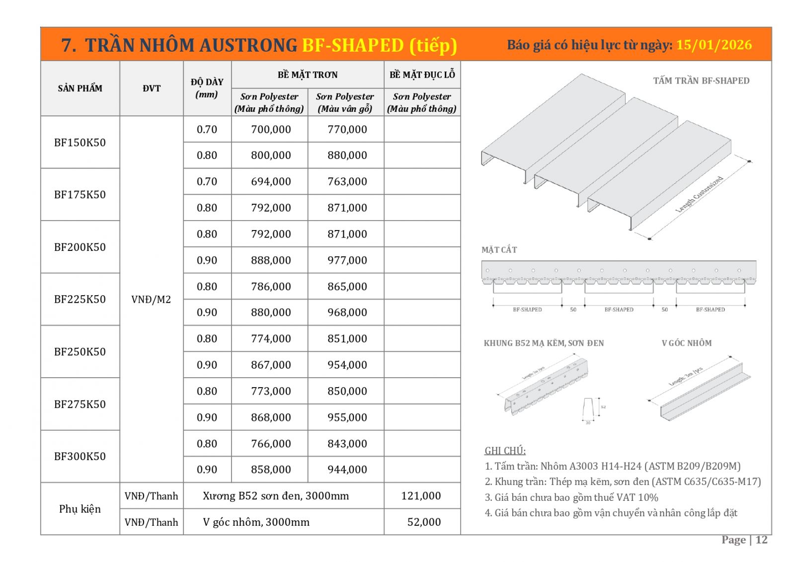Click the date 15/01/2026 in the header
(x=714, y=45)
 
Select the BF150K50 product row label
(x=79, y=143)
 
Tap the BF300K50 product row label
(x=79, y=456)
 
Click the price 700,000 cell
(x=271, y=130)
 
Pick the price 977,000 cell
(x=347, y=260)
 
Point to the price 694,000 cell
(x=271, y=182)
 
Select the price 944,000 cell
(x=347, y=470)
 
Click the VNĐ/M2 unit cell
(x=151, y=300)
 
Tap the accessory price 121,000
(x=421, y=496)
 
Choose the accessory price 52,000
(x=424, y=522)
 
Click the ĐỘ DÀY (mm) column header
(x=207, y=88)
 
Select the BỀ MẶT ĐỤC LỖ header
(x=422, y=75)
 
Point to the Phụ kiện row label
(x=79, y=509)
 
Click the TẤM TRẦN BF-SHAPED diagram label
(x=701, y=81)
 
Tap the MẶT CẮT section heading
(x=499, y=250)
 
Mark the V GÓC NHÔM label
(x=686, y=343)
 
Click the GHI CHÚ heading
(x=505, y=451)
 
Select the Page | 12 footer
(x=744, y=540)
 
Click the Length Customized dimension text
(x=699, y=194)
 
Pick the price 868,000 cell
(x=271, y=417)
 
